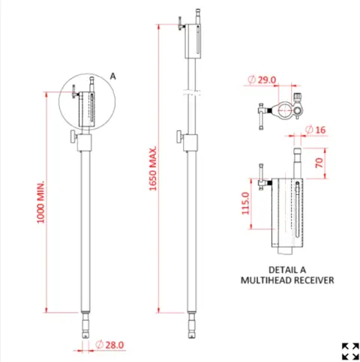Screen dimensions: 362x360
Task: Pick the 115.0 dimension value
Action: coord(246,202)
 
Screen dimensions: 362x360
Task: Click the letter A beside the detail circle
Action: coord(112,76)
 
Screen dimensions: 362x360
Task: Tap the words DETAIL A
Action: coord(286,269)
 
